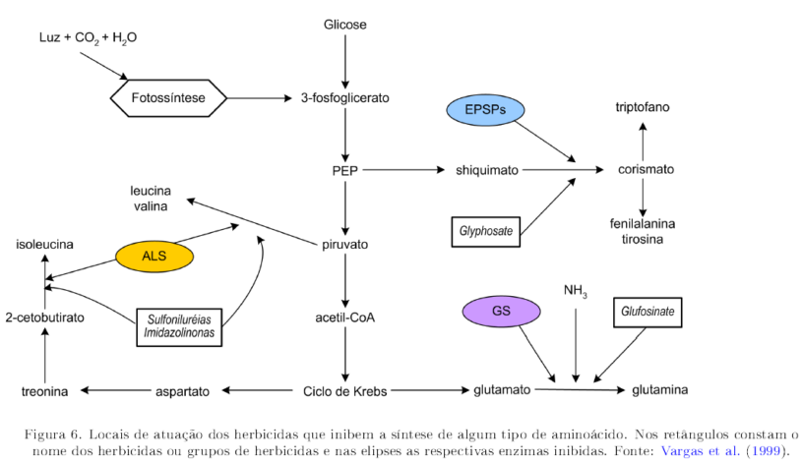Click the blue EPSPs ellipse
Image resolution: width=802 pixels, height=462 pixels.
tap(485, 111)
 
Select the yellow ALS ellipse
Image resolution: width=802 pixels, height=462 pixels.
tap(154, 257)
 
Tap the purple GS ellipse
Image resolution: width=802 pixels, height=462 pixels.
tap(502, 312)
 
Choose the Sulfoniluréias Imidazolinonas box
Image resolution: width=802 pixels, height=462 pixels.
tap(179, 327)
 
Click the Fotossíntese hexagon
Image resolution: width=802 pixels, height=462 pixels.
tap(168, 97)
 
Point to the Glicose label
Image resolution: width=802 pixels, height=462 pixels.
tap(345, 23)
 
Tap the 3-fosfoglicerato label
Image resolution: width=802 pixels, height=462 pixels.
tap(345, 97)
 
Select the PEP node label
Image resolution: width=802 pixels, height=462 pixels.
tap(345, 169)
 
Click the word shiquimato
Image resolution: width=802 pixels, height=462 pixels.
tap(486, 169)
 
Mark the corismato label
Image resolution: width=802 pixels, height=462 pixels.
tap(646, 169)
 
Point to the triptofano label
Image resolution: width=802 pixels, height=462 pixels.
tap(644, 106)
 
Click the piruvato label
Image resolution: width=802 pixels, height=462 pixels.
tap(345, 243)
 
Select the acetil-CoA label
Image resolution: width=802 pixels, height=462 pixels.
tap(345, 317)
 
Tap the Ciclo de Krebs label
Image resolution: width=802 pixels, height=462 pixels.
tap(345, 391)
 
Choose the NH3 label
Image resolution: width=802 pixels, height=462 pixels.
tap(576, 291)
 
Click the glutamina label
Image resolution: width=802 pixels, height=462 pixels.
tap(659, 390)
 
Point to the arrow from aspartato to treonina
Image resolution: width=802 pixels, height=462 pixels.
tap(114, 391)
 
